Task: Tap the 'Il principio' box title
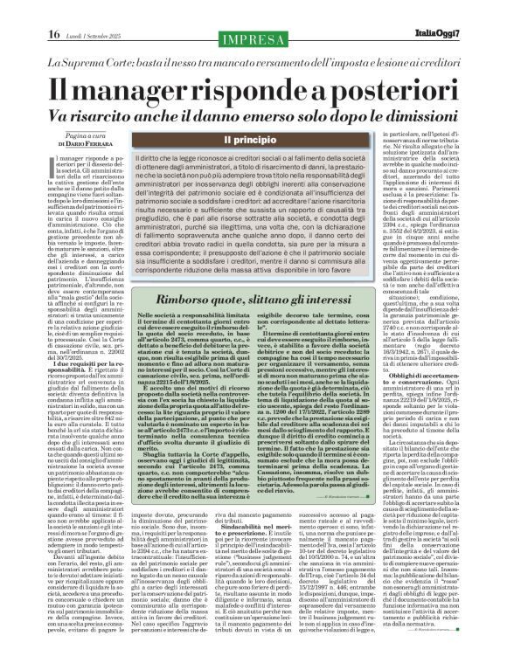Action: tap(253, 140)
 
